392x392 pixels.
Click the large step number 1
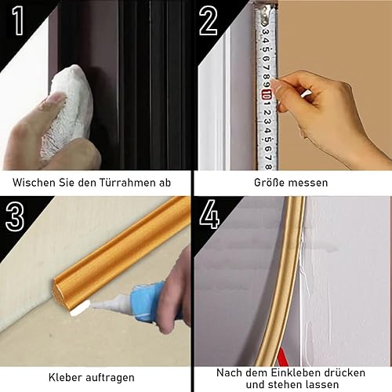[19, 20]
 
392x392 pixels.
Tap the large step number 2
[208, 20]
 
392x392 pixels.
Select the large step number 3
[15, 216]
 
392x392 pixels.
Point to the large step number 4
[209, 214]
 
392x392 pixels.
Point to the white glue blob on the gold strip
[80, 308]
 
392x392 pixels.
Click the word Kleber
[65, 377]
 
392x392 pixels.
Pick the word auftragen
[110, 378]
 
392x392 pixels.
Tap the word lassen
[322, 385]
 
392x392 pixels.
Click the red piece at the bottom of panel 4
[283, 357]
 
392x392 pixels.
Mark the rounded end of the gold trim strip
[58, 290]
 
